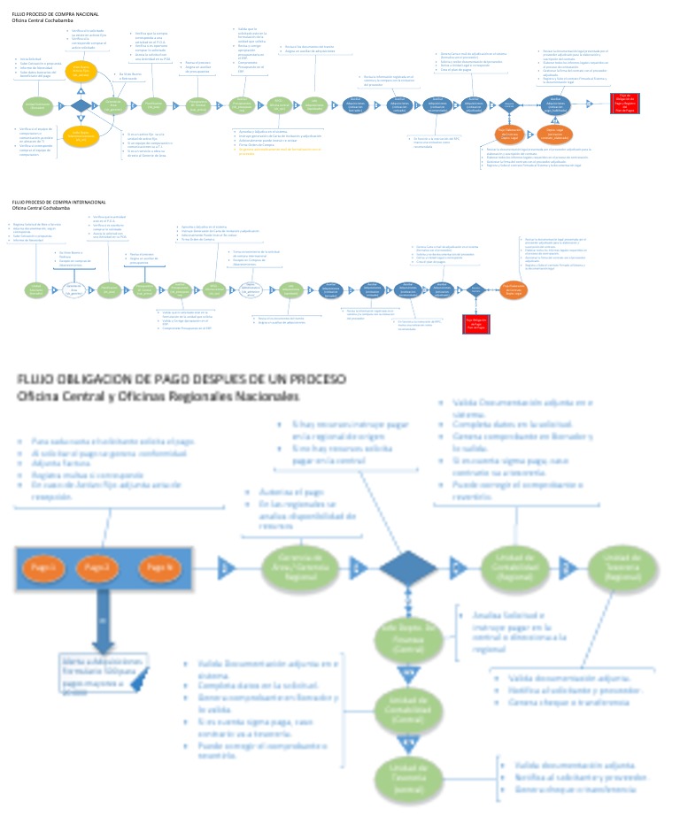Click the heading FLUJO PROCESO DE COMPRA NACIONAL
pos(49,15)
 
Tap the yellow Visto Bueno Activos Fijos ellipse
pos(81,73)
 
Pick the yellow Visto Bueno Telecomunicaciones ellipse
pos(81,137)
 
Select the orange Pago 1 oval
pos(43,566)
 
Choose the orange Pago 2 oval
pos(97,566)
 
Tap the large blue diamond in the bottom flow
pos(408,566)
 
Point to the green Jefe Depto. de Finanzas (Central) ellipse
pos(408,635)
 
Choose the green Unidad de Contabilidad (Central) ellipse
pos(408,708)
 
